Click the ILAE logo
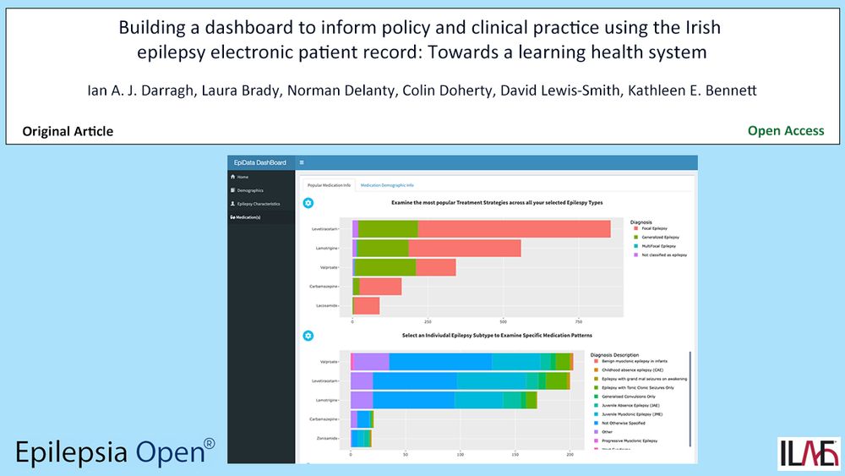(809, 452)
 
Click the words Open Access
(786, 131)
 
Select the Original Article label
(68, 131)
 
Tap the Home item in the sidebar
(243, 177)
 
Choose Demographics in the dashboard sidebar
(250, 190)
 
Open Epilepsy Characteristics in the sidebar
(258, 204)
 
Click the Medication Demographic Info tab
(387, 184)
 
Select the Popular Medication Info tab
(329, 184)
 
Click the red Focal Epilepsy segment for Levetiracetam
(514, 229)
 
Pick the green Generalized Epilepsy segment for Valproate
(385, 267)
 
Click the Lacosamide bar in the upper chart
(367, 306)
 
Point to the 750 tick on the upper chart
(579, 321)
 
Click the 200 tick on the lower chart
(570, 454)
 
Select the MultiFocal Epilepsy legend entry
(663, 246)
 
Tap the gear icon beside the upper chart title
(308, 203)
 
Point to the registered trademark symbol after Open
(210, 443)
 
